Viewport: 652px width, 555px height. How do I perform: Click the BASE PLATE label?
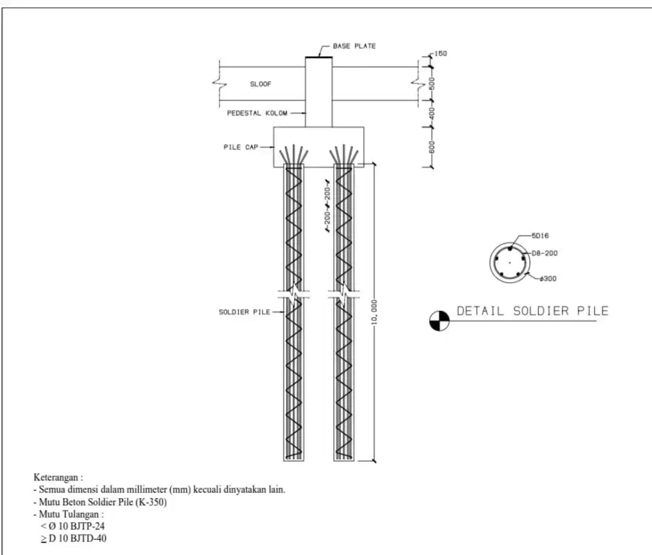point(354,46)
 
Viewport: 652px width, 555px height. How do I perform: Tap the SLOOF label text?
point(261,84)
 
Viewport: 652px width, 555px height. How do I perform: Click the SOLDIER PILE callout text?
point(244,312)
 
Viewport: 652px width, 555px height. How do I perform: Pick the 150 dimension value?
point(440,53)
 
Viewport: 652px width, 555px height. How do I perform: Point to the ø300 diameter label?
point(547,278)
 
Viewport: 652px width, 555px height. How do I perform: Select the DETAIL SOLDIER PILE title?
point(532,311)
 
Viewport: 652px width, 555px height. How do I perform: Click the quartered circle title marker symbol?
point(439,320)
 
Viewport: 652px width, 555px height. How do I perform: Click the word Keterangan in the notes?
point(57,478)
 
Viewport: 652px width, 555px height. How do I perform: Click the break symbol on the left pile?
point(293,295)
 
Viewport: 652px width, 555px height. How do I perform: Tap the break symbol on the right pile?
point(344,295)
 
